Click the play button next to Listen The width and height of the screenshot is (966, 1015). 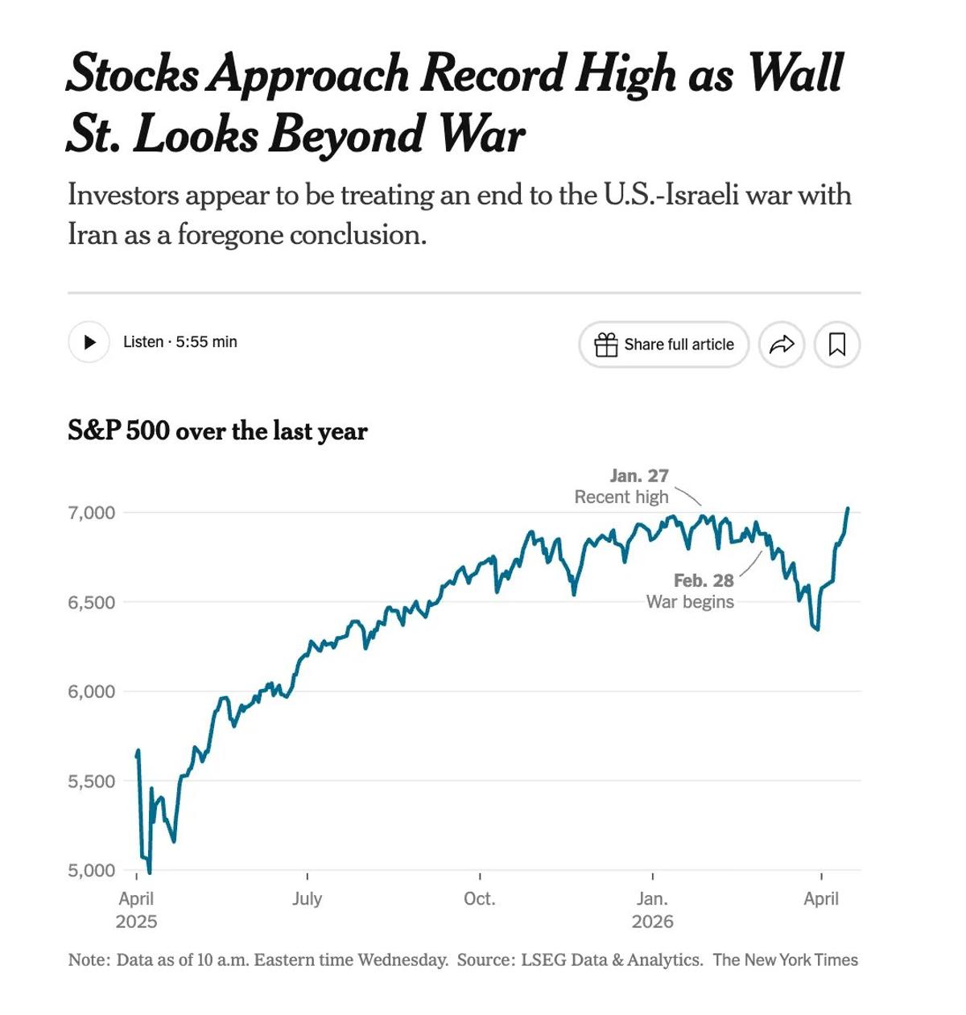tap(89, 342)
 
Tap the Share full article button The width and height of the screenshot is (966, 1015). tap(663, 345)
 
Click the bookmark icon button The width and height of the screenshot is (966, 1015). tap(837, 345)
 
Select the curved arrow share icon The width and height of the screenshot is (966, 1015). tap(782, 345)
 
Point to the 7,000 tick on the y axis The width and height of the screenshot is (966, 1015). tap(92, 513)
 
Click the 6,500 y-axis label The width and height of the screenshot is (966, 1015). tap(92, 602)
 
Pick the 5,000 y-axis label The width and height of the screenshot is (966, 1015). tap(92, 870)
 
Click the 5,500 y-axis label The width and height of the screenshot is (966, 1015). tap(92, 781)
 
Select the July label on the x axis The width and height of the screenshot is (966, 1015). tap(307, 898)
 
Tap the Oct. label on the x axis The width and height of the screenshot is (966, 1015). tap(479, 898)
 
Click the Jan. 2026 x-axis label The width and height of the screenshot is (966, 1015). tap(652, 910)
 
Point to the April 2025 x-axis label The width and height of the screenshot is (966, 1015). tap(136, 910)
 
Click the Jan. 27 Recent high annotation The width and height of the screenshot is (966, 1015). tap(622, 486)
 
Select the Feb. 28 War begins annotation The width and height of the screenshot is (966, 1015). tap(691, 591)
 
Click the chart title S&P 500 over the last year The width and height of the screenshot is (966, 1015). tap(217, 431)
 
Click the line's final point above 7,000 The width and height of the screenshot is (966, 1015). tap(848, 509)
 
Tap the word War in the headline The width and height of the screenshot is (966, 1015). tap(481, 134)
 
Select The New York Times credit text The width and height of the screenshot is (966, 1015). tap(785, 959)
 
